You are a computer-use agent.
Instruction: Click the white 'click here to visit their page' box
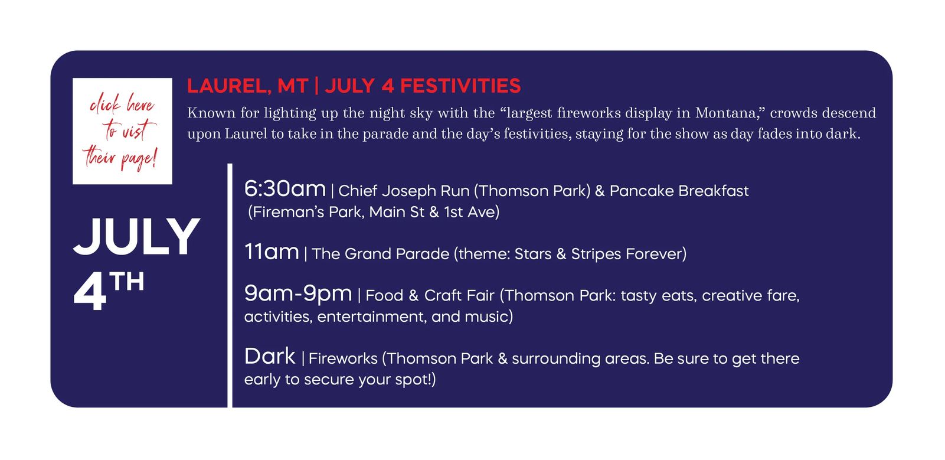122,131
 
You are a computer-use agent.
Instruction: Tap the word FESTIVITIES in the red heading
460,86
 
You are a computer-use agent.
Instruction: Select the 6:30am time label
285,188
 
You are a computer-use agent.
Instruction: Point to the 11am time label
272,252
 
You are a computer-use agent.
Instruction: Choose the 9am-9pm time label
298,293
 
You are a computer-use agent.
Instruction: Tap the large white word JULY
137,237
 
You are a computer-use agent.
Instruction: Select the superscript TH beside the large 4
126,282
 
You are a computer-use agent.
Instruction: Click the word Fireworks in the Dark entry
343,358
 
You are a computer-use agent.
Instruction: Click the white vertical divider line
230,286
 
